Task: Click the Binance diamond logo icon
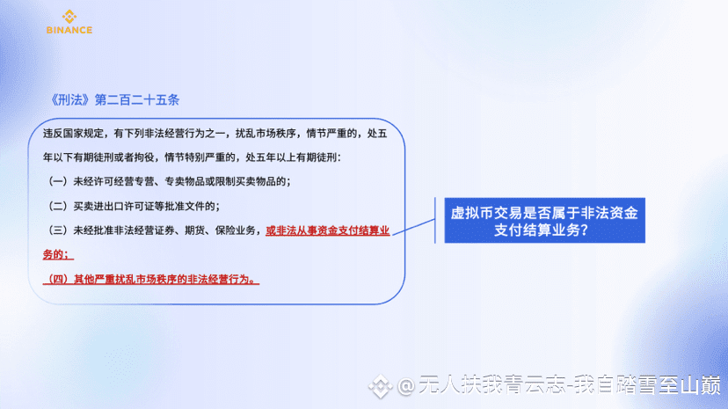[69, 17]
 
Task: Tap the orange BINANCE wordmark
[69, 30]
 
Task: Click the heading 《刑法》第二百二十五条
[114, 99]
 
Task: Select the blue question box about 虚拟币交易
[544, 221]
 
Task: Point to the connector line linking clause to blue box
[414, 227]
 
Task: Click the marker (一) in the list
[57, 181]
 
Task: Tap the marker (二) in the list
[57, 206]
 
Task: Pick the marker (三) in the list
[57, 230]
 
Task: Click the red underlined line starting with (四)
[151, 279]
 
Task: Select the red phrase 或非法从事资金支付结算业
[328, 230]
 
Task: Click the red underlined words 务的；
[58, 255]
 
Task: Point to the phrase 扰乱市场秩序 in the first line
[266, 134]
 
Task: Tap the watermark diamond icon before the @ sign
[380, 386]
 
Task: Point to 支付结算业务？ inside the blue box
[542, 230]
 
